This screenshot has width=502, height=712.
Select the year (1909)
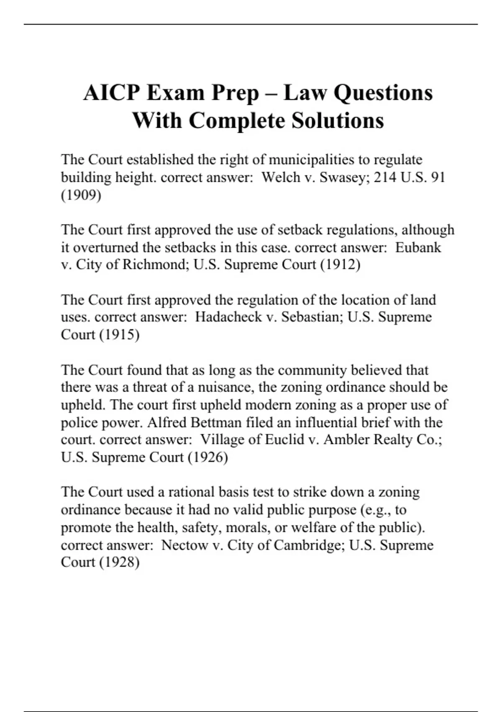point(81,195)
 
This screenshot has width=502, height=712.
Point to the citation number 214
point(385,178)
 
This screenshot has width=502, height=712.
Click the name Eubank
point(418,248)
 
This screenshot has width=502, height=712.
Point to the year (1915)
point(119,335)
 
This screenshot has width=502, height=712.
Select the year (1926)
point(208,457)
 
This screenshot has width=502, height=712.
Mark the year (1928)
point(119,562)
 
